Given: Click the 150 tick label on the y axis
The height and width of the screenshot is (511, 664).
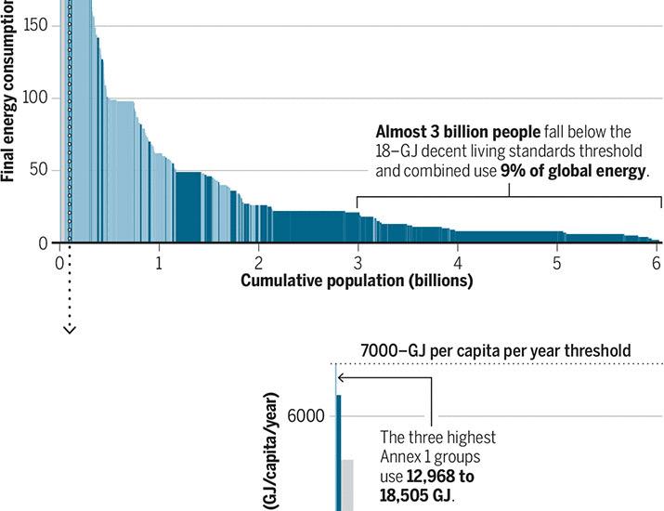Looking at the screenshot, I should [35, 25].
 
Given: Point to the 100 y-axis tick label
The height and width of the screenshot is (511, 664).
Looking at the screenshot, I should [35, 98].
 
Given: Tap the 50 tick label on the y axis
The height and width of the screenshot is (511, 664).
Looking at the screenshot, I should [39, 171].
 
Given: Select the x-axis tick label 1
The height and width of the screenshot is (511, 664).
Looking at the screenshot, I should [160, 262].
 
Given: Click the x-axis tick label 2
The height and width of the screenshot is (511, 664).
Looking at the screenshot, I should [259, 262].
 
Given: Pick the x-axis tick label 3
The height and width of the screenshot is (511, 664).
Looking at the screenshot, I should [358, 262].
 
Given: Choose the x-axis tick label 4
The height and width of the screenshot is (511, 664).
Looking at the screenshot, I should [457, 262].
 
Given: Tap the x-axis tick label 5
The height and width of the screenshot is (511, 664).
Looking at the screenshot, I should [556, 262].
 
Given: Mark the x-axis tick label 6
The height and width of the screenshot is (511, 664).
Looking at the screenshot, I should [656, 262].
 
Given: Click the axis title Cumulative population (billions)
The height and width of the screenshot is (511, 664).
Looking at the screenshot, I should [357, 281].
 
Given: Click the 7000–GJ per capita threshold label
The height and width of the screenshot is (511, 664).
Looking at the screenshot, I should [495, 350].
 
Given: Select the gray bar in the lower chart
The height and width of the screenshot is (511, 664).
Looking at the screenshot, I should [347, 484].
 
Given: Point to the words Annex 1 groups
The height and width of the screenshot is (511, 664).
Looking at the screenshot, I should [429, 456].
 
